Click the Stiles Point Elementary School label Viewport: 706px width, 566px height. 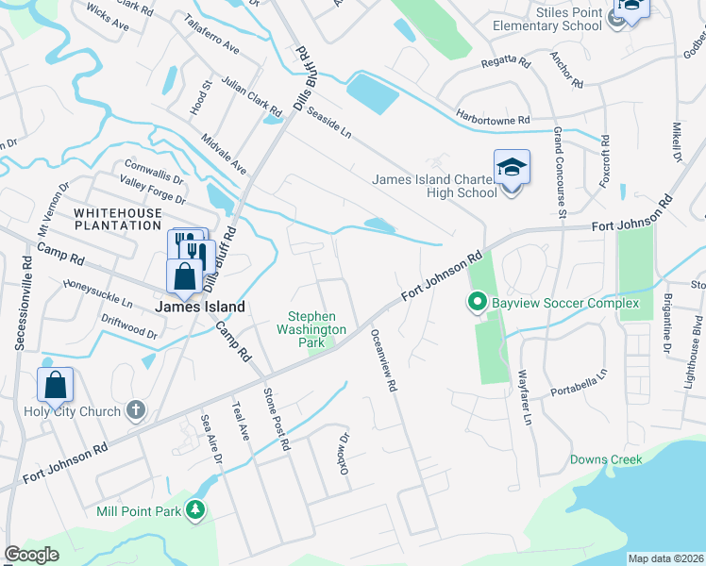click(x=547, y=19)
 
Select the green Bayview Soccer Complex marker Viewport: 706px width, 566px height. click(x=477, y=303)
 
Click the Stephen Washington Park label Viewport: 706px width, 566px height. click(x=311, y=323)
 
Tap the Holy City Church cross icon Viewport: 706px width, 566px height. click(x=136, y=410)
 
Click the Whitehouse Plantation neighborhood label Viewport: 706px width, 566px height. click(x=118, y=219)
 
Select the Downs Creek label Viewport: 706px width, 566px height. click(x=605, y=460)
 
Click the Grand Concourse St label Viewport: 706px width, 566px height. click(x=559, y=173)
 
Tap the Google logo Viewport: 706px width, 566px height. click(x=31, y=555)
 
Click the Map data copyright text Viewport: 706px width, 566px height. click(x=665, y=558)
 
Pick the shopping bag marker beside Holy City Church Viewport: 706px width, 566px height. click(x=56, y=386)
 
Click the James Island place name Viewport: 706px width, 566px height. click(x=200, y=307)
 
